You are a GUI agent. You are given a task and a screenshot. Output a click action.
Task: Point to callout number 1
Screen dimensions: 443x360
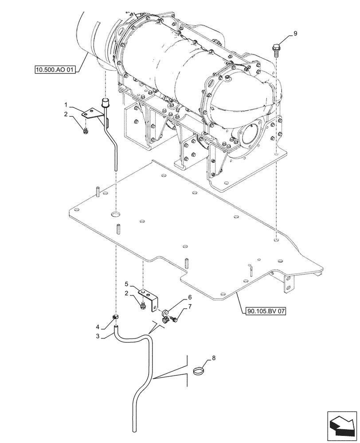pos(66,106)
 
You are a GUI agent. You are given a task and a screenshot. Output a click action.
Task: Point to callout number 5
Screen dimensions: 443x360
pos(126,284)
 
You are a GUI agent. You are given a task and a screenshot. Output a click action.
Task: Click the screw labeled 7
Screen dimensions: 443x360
pos(174,318)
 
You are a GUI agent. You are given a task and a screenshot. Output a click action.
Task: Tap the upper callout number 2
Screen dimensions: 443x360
pos(66,115)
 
